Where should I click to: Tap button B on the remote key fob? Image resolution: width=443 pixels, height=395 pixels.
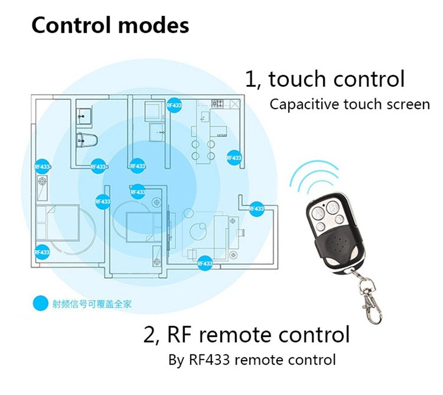pos(333,207)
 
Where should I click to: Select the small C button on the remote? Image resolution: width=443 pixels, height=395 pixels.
pos(321,226)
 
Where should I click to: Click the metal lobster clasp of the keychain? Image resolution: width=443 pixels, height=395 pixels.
pos(371,300)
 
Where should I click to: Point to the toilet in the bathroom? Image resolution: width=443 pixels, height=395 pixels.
pos(86,140)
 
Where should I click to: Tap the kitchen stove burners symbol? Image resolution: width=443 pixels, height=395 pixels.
pos(218,104)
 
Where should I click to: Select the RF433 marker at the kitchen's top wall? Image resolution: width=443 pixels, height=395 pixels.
pos(174,105)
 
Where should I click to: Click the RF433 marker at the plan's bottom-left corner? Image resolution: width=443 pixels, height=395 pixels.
pos(42,252)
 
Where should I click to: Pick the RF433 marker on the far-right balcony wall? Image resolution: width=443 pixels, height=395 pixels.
pos(256,209)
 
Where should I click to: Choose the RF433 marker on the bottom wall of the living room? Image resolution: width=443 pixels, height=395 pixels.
pos(205,263)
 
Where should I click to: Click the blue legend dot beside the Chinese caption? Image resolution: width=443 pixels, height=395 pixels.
pos(40,304)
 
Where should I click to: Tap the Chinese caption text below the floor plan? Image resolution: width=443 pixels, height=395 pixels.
pos(92,304)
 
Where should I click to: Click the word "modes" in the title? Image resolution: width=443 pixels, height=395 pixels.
pos(154,26)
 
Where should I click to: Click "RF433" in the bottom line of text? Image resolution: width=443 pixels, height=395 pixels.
pos(209,360)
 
